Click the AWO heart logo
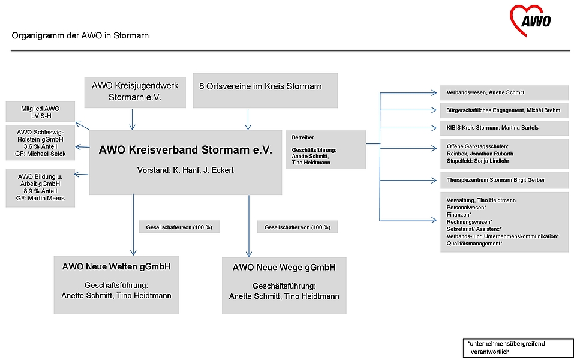point(530,20)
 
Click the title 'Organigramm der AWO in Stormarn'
point(80,36)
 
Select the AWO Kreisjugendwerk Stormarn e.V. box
point(135,92)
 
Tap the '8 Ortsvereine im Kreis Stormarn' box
point(265,91)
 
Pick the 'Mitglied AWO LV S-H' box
point(40,112)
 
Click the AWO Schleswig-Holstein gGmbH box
point(40,143)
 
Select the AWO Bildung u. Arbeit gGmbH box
point(40,188)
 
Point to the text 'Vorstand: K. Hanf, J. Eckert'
point(185,170)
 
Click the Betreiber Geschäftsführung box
point(326,149)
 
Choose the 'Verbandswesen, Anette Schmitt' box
point(504,93)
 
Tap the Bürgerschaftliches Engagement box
point(504,110)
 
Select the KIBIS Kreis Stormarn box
point(504,128)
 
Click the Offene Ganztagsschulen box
point(504,154)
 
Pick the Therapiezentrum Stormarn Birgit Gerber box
point(504,181)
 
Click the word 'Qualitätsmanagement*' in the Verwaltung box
point(474,244)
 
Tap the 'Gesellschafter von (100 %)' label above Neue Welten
point(179,227)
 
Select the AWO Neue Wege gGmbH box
point(284,286)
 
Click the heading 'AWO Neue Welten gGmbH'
point(116,266)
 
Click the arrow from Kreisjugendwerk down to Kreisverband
point(132,119)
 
